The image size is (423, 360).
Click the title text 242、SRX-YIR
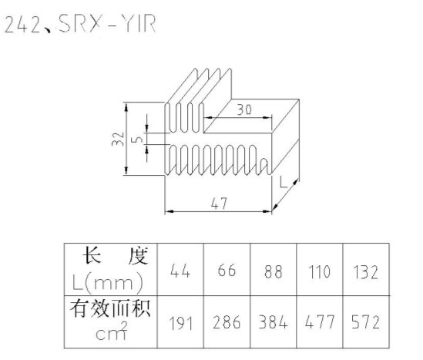80,24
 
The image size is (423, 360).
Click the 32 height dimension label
118,139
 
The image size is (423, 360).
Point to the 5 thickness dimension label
137,140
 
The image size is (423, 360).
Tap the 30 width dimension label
244,109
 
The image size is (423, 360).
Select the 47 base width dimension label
219,204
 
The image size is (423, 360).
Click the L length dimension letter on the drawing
284,182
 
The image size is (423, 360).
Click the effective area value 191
181,323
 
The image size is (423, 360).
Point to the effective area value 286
227,322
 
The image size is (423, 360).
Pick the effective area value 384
273,322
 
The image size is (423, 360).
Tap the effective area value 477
320,322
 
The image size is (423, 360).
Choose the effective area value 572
365,322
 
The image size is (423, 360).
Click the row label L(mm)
108,283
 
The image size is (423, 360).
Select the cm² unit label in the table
112,331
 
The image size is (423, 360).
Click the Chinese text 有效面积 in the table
110,308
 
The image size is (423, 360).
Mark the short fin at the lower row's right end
264,167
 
